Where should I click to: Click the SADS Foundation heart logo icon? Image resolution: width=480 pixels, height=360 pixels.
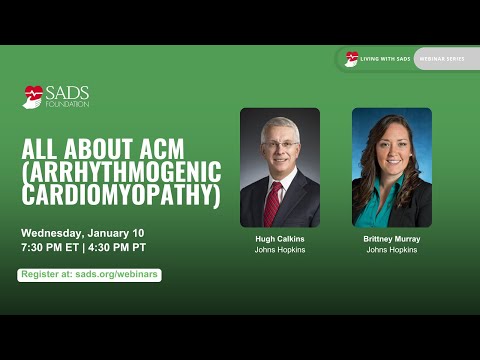click(x=33, y=96)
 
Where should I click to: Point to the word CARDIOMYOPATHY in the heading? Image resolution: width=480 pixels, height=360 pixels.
click(x=120, y=194)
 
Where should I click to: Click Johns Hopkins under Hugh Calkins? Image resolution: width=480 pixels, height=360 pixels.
click(x=279, y=250)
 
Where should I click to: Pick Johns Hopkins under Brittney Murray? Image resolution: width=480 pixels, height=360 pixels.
click(x=391, y=250)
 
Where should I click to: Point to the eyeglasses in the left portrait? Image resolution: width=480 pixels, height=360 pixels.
click(x=280, y=145)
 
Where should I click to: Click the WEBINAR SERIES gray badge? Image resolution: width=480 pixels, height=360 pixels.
click(x=440, y=59)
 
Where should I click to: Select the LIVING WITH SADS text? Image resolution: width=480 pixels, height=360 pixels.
click(x=384, y=59)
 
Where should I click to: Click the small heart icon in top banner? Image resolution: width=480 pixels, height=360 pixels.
click(x=351, y=59)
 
